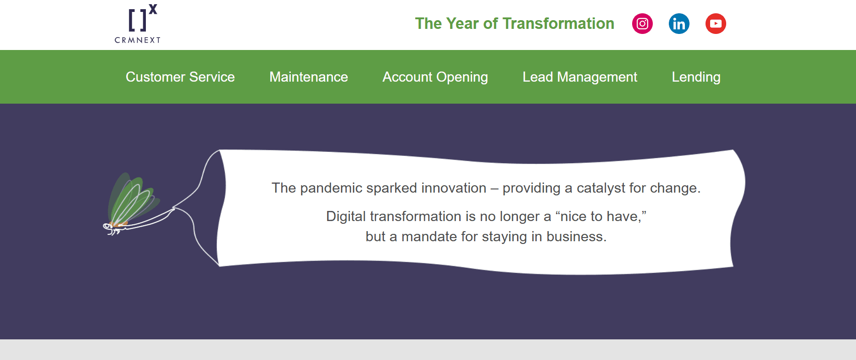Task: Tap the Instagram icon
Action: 642,24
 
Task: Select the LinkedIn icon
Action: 679,24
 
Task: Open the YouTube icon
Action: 716,24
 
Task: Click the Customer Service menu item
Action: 180,77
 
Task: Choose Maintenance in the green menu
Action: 309,77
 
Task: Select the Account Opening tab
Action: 435,77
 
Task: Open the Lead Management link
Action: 580,77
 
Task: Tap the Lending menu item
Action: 696,77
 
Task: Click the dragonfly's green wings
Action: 132,198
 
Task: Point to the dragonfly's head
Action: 108,226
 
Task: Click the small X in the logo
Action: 153,9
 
